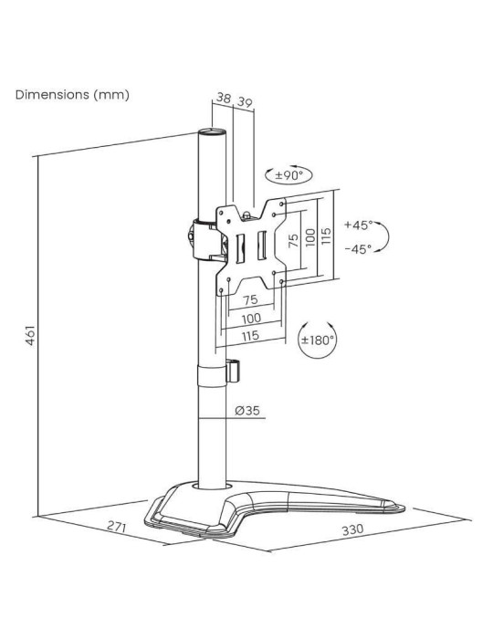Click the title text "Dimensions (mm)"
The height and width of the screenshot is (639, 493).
tap(72, 94)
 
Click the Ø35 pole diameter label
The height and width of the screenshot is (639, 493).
tap(246, 411)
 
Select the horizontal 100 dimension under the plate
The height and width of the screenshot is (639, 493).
tap(251, 318)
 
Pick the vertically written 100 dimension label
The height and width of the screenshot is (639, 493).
tap(309, 238)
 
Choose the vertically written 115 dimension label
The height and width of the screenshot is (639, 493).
tap(325, 238)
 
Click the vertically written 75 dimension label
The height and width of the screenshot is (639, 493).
tap(294, 239)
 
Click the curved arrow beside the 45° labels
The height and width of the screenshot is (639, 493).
tap(384, 236)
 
